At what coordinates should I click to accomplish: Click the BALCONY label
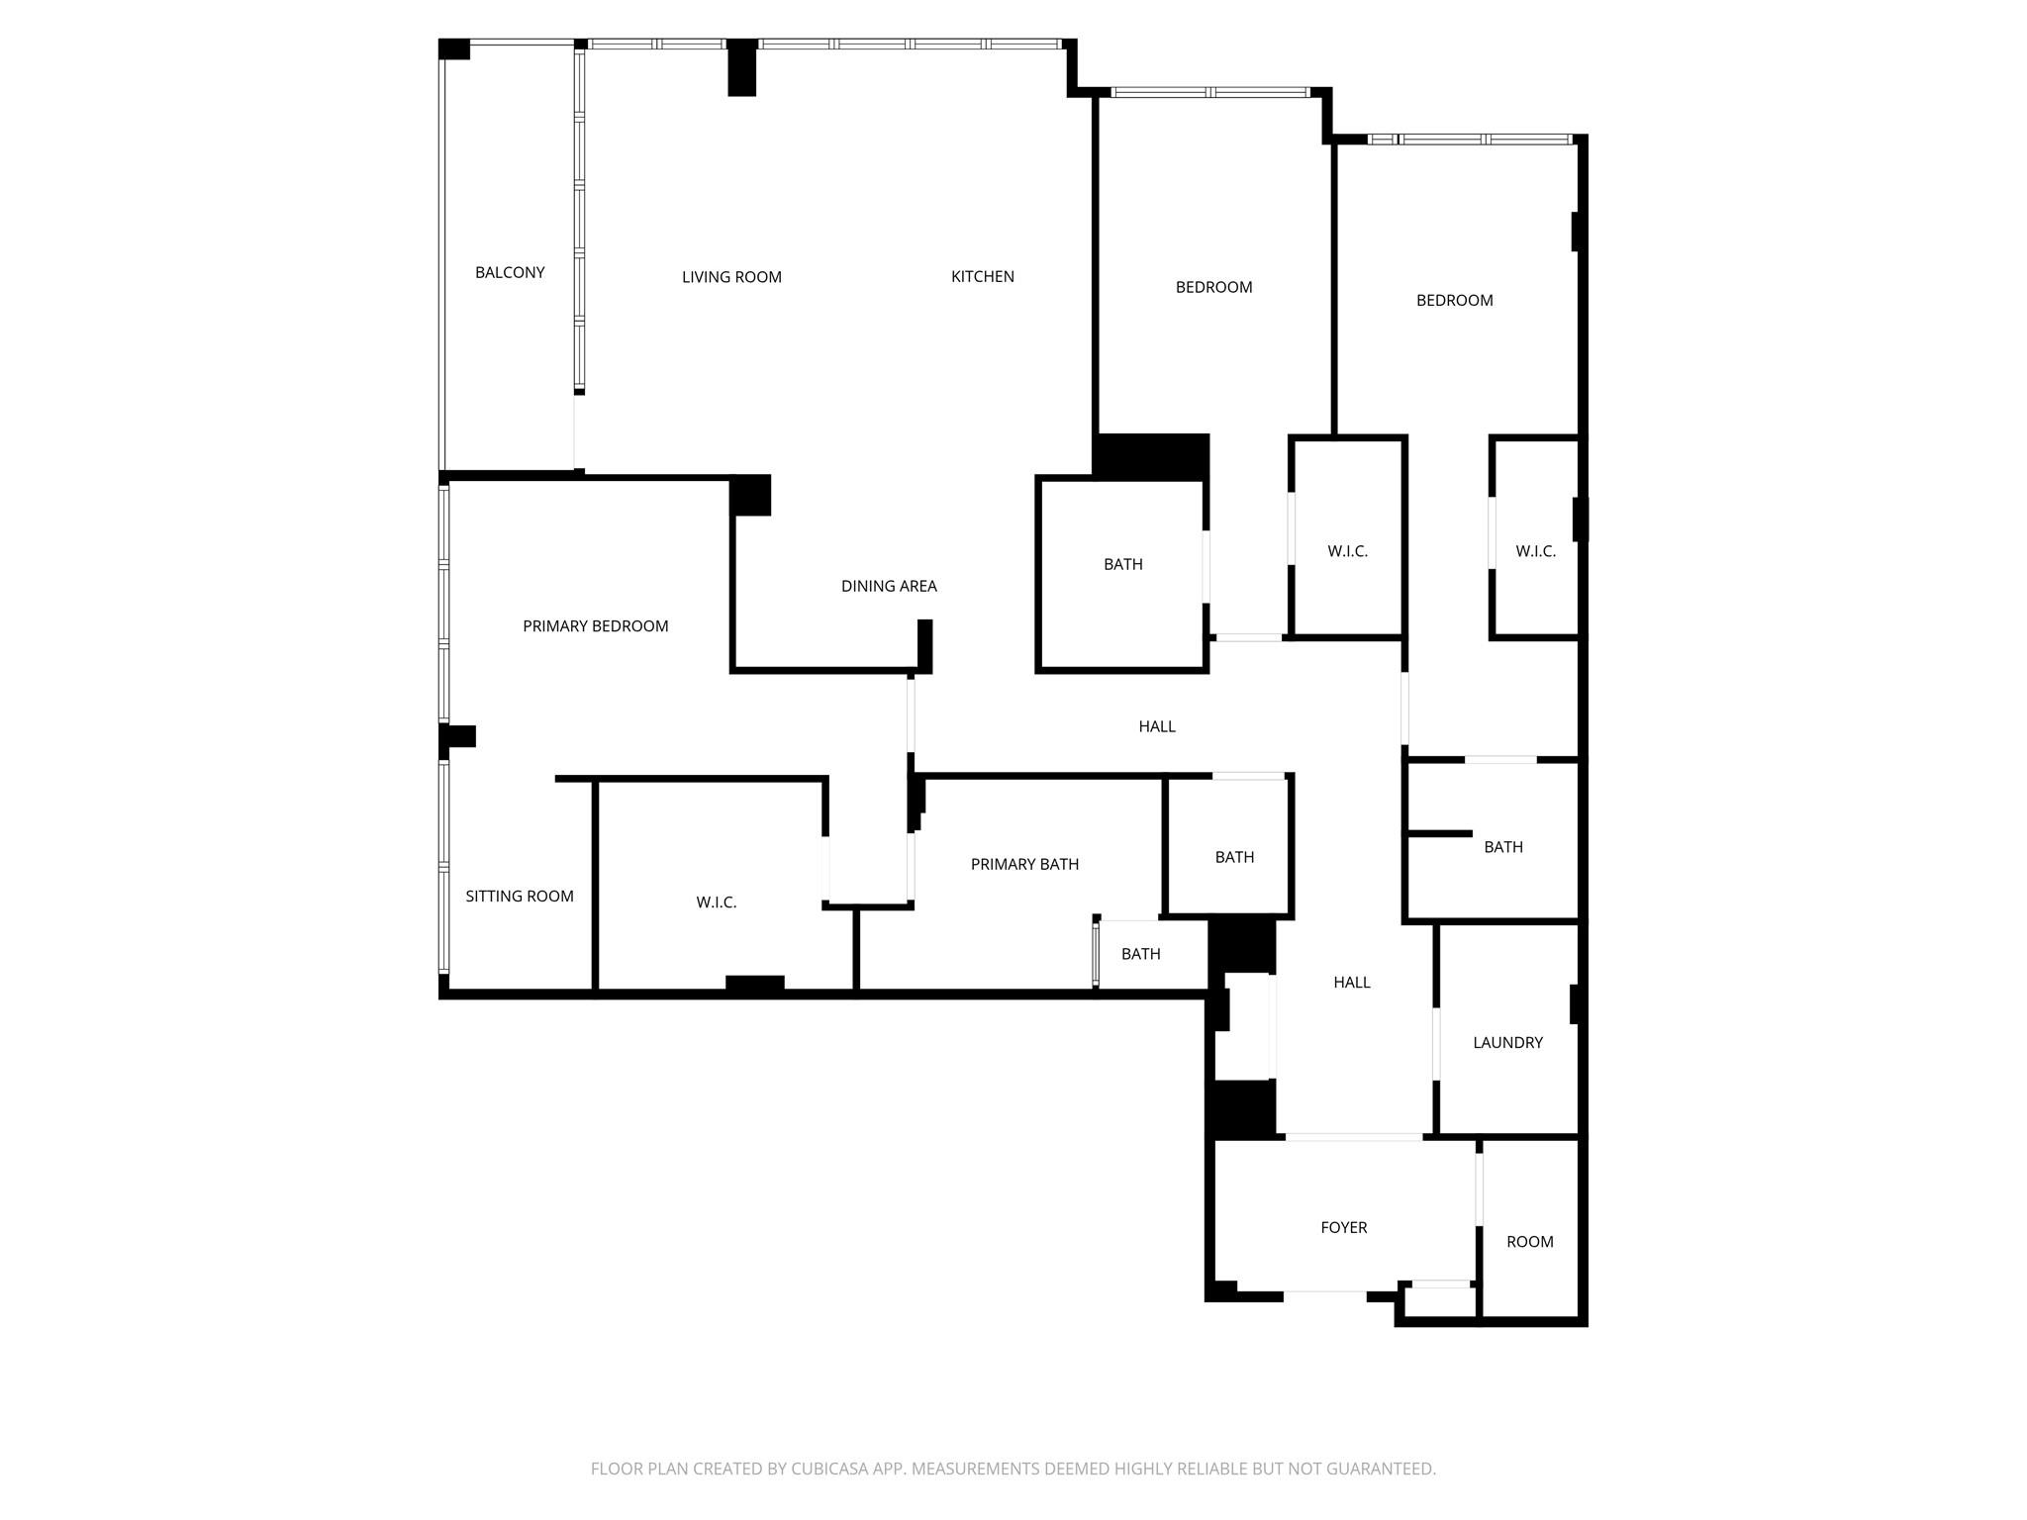(x=510, y=272)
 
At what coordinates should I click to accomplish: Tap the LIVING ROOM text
(x=731, y=277)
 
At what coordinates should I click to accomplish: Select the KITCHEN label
(x=982, y=276)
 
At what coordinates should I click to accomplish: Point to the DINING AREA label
(x=889, y=586)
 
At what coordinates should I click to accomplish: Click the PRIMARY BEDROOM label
(x=595, y=625)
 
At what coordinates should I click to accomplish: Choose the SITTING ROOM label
(x=519, y=896)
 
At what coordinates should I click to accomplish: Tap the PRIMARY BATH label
(x=1024, y=864)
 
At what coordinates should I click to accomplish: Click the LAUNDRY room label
(x=1507, y=1042)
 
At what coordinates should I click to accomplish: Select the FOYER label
(x=1343, y=1227)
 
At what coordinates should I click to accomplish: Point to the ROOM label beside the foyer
(x=1529, y=1241)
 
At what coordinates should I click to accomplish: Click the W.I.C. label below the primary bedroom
(x=716, y=902)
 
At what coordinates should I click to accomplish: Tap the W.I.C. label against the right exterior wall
(x=1535, y=551)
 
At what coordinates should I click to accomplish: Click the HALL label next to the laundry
(x=1351, y=982)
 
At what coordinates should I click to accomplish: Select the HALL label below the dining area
(x=1156, y=726)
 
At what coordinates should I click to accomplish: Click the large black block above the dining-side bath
(x=1151, y=456)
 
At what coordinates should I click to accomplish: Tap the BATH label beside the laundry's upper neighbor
(x=1502, y=846)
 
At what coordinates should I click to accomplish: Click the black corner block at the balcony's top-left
(x=454, y=48)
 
